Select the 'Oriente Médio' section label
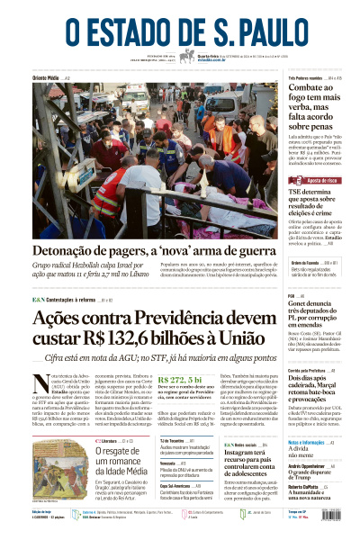pyautogui.click(x=46, y=78)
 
